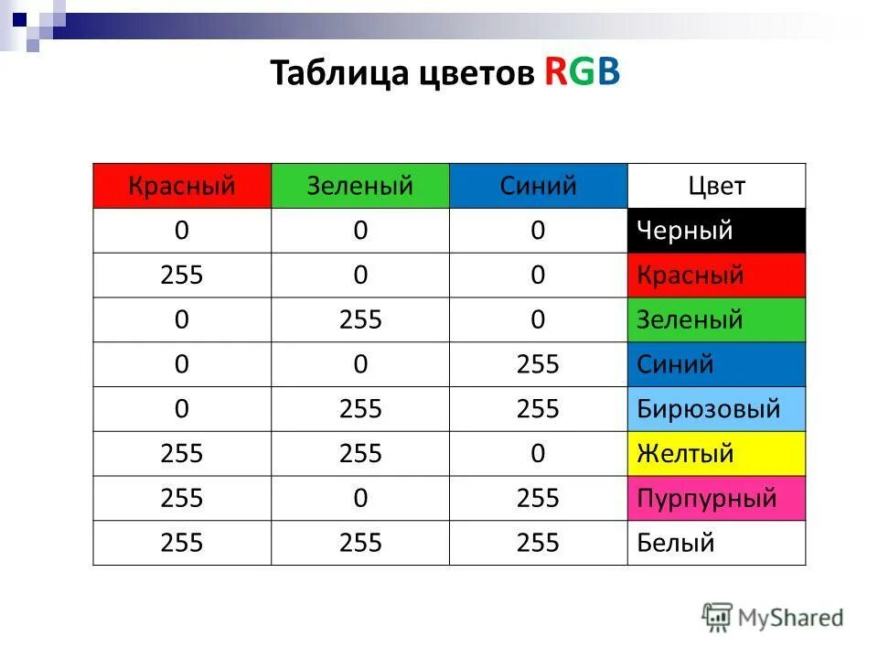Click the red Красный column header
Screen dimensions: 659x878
[182, 187]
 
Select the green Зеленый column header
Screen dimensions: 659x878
[360, 187]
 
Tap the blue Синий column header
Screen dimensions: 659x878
[538, 187]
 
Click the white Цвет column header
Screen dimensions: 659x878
[716, 187]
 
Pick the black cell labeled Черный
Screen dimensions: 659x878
[716, 231]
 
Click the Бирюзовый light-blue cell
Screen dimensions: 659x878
[716, 409]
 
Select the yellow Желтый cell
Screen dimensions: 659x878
[716, 454]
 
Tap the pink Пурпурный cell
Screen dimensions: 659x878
[716, 499]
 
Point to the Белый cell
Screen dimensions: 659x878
[716, 544]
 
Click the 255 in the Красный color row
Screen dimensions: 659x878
[182, 275]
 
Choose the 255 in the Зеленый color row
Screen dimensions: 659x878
[360, 320]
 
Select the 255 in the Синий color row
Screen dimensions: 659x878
[538, 365]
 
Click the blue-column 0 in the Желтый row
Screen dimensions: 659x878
[538, 454]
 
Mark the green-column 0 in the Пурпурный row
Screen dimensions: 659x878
[360, 499]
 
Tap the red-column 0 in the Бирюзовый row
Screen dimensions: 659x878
[182, 409]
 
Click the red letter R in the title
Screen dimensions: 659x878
[555, 74]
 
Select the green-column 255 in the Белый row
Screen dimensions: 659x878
[360, 544]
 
